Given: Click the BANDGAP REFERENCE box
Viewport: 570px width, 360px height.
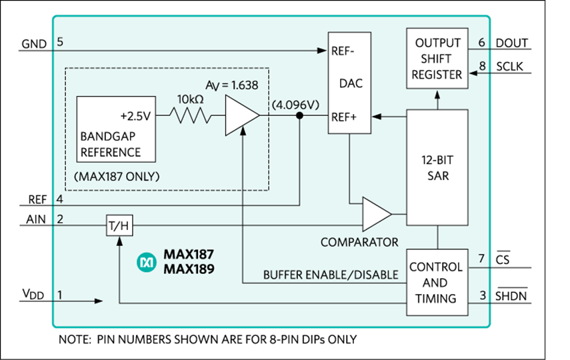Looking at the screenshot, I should pos(117,129).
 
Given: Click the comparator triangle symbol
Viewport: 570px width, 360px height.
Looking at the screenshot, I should pos(376,214).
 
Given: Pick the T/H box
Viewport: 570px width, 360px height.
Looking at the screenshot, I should pos(121,226).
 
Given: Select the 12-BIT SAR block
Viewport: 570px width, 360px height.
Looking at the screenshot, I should pos(437,167).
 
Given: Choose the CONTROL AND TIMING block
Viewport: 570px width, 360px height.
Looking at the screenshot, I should pos(435,283).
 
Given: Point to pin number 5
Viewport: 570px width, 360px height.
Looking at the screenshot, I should pos(59,41).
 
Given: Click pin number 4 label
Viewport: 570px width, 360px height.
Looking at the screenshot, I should pos(59,199).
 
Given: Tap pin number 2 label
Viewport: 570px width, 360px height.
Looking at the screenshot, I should pos(59,219).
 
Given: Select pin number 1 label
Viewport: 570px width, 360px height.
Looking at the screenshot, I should pos(59,294).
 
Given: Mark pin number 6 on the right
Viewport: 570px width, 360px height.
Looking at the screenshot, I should pos(481,41).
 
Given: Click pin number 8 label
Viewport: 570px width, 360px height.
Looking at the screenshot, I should pos(481,66).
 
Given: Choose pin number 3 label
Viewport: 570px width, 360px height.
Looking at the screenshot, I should pos(481,294).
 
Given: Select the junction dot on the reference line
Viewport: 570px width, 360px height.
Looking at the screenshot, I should pos(300,117).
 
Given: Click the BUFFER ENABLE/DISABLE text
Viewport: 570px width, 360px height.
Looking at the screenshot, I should pos(330,275).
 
